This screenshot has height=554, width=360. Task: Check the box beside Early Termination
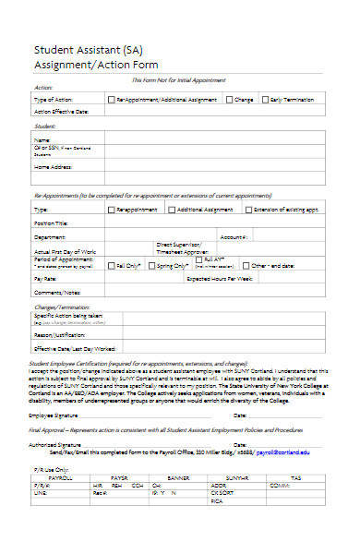pos(266,99)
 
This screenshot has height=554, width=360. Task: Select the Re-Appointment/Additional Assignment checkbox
pos(112,99)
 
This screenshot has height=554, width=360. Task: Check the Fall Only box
pos(112,265)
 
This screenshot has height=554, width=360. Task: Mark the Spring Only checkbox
pos(151,265)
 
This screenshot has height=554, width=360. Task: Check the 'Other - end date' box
pos(246,265)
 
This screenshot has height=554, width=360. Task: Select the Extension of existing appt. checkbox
pos(246,210)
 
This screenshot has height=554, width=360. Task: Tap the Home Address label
pos(54,167)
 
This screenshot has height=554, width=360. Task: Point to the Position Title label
pos(52,223)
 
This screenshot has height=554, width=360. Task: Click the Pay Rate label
pos(45,278)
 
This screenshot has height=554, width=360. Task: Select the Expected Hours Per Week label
pos(221,278)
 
